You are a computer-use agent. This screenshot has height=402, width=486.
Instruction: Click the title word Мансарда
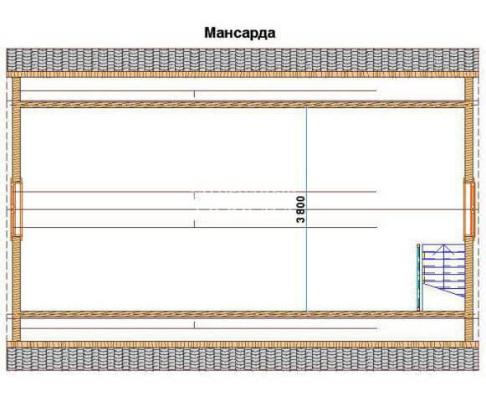[239, 33]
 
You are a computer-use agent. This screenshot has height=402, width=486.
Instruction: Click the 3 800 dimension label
[300, 209]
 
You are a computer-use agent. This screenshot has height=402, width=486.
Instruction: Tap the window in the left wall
[17, 209]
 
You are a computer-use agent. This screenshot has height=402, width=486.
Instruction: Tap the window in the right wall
[469, 209]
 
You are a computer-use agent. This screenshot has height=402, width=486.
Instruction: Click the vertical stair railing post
[419, 277]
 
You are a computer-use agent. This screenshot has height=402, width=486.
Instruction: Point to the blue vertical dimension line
[306, 209]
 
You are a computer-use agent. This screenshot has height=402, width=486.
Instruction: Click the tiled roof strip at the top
[243, 59]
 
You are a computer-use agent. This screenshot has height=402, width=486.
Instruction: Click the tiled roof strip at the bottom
[243, 359]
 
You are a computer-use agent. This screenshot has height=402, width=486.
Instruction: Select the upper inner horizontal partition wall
[243, 105]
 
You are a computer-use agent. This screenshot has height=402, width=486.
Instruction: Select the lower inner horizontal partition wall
[243, 314]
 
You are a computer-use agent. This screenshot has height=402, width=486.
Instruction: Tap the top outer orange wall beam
[243, 75]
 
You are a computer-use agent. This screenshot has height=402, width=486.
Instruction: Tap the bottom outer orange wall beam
[243, 344]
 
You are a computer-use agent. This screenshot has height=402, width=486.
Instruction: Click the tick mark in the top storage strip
[194, 94]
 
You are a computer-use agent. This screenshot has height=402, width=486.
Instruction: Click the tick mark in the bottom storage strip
[194, 325]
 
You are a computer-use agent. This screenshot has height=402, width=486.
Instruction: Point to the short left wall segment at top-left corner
[17, 90]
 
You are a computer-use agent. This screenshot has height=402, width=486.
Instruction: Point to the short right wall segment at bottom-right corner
[469, 329]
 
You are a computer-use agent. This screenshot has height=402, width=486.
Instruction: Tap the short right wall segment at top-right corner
[469, 90]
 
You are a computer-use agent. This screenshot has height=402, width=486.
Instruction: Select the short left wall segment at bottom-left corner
[17, 329]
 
